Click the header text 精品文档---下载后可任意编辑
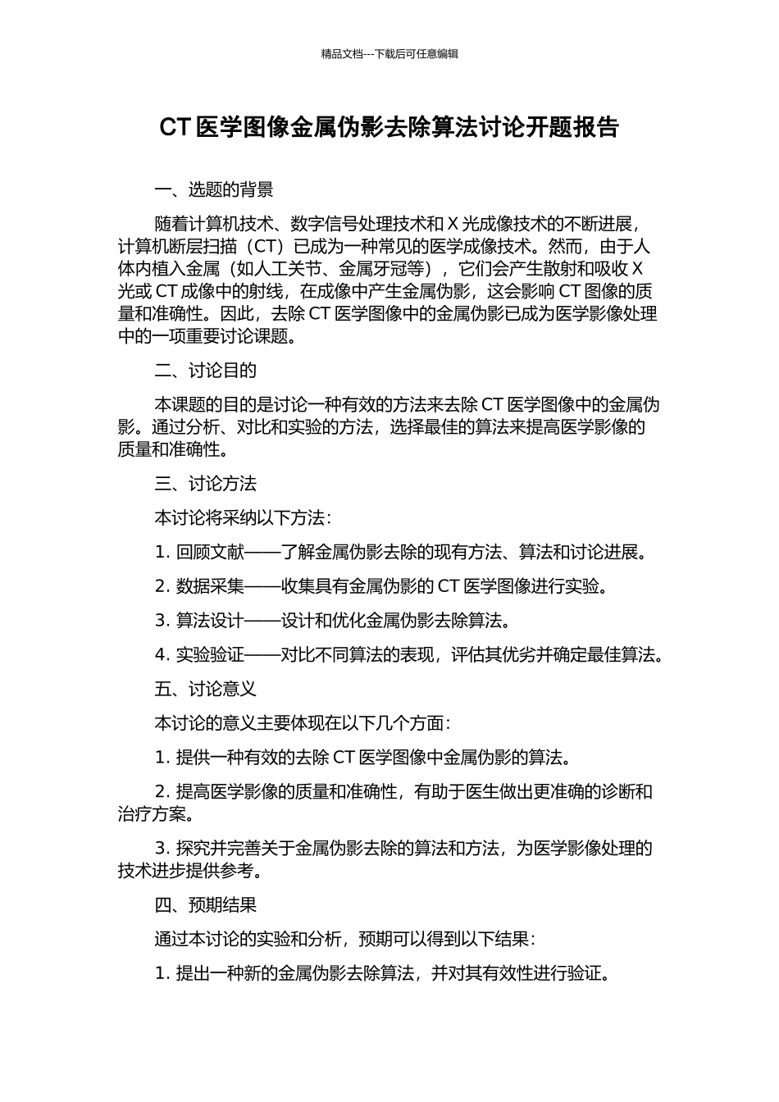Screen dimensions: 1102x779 pos(389,54)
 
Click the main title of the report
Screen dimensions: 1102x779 pos(389,128)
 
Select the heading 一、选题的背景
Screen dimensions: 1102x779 pos(214,190)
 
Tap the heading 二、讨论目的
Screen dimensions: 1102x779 pos(206,371)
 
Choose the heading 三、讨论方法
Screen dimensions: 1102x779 pos(206,484)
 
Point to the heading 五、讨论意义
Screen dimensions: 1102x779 pos(206,690)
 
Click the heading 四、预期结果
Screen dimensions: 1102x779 pos(206,905)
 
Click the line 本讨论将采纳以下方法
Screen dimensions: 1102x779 pos(244,518)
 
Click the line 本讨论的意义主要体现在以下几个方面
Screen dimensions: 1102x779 pos(303,723)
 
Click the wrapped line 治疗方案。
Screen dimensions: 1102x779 pos(157,814)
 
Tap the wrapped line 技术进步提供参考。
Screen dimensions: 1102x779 pos(191,871)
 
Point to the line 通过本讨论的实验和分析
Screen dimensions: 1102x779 pos(345,939)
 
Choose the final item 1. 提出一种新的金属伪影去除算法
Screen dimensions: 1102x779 pos(384,974)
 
